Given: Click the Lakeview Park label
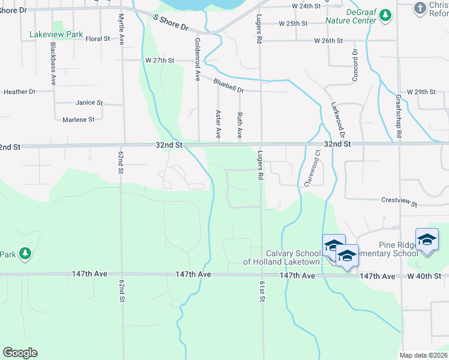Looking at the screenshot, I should (x=56, y=35).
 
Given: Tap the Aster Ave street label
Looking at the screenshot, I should (x=218, y=122).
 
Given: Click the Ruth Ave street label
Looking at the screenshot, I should (x=240, y=124).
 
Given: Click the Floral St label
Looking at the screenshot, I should (x=98, y=39).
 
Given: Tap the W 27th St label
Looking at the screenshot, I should (x=159, y=61).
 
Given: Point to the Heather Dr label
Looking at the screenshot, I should (x=19, y=92).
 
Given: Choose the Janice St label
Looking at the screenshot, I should (x=89, y=103).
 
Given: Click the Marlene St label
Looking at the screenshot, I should (x=79, y=119).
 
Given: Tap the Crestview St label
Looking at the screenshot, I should (x=399, y=202).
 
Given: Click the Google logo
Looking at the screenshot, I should (x=20, y=352).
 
